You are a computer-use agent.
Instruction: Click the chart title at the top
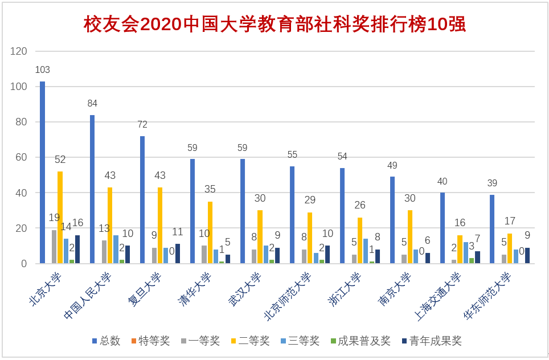click(x=274, y=24)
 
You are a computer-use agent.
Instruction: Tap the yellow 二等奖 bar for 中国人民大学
click(x=110, y=225)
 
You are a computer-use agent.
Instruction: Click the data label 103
click(x=43, y=70)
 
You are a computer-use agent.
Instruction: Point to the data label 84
click(x=92, y=104)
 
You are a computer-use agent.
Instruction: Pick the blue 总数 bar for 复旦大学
click(x=142, y=199)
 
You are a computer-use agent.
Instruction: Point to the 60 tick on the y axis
click(x=22, y=157)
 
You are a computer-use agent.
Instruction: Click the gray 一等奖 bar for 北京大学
click(x=54, y=247)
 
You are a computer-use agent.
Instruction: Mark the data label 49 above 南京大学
click(x=392, y=166)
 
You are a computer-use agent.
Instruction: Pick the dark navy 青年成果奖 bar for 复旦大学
click(x=178, y=253)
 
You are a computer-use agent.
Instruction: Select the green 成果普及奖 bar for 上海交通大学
click(x=472, y=261)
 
